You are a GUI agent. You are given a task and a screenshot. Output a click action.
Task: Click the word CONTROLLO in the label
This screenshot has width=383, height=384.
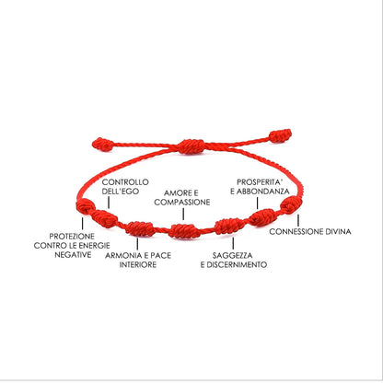pos(125,182)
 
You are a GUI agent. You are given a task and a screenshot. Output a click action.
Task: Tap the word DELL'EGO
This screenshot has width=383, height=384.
pos(121,192)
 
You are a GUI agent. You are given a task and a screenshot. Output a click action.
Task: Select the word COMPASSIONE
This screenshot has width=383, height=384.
pos(182,203)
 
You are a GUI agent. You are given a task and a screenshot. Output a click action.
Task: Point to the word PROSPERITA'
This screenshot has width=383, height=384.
pos(260,182)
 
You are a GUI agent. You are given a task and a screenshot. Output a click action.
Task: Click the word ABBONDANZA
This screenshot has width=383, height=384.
pos(262,192)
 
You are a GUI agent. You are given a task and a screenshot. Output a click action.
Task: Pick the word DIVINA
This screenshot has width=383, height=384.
pos(337,231)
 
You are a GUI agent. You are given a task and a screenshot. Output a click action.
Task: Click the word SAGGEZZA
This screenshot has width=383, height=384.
pos(233,255)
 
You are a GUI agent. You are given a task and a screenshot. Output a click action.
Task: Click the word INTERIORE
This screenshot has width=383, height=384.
pos(138,264)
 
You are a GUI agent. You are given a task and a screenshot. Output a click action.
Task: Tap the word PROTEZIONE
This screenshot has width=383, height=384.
pos(72,237)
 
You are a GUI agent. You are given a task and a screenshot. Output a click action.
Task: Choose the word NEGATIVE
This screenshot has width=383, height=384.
pos(73,255)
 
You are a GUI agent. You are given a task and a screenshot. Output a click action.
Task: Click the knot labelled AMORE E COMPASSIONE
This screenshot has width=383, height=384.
pos(184,231)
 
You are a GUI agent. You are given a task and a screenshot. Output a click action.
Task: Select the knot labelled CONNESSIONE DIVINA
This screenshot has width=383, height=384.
pos(291,204)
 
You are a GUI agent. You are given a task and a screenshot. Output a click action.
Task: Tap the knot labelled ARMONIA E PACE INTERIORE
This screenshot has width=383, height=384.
pos(140,228)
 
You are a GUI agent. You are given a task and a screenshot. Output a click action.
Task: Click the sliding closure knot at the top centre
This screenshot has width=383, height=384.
pos(191,146)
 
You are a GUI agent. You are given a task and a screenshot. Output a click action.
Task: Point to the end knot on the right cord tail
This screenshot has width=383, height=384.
pos(280,135)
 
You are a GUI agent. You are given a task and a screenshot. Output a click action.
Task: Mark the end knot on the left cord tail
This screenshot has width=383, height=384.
pos(103,145)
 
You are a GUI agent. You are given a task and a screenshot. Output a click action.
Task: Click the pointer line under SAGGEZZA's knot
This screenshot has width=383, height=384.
pos(233,243)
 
